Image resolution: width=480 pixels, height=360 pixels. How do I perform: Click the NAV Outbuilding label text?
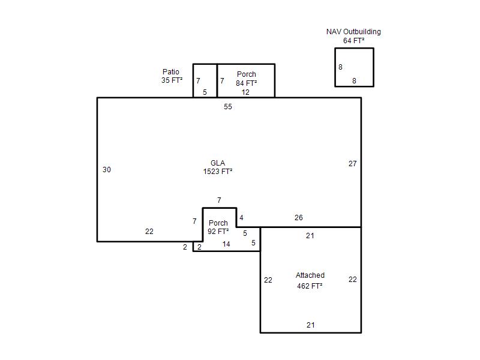coord(353,32)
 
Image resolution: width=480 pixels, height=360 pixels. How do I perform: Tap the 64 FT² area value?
coord(353,41)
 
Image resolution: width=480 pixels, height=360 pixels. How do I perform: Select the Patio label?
coord(171,72)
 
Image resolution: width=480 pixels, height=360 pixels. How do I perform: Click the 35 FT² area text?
coord(172,80)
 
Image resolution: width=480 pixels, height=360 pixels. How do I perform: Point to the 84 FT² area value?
coord(246,83)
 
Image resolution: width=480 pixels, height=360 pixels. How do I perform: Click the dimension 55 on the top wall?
coord(228,107)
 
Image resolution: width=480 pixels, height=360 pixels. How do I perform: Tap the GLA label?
coord(218,163)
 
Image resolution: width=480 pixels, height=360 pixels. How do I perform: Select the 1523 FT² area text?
coord(218,172)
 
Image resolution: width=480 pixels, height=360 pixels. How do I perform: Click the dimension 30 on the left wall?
coord(107,170)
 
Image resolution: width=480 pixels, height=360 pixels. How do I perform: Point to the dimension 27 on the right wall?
coord(352,164)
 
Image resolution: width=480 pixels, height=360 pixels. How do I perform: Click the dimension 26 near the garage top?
coord(298,218)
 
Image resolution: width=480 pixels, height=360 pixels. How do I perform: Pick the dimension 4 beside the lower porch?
coord(242,218)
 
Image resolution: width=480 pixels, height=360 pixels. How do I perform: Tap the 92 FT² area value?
coord(218,232)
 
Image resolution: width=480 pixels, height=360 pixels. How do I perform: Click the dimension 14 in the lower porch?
coord(226,244)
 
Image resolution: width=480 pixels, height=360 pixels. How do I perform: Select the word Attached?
coord(310,275)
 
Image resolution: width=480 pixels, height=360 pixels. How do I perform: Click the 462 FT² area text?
coord(310,286)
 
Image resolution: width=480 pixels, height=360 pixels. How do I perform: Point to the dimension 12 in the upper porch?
coord(245,92)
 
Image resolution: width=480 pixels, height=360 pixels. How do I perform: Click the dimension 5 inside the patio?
coord(205,92)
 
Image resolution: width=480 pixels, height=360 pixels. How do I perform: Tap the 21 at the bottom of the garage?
coord(310,325)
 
